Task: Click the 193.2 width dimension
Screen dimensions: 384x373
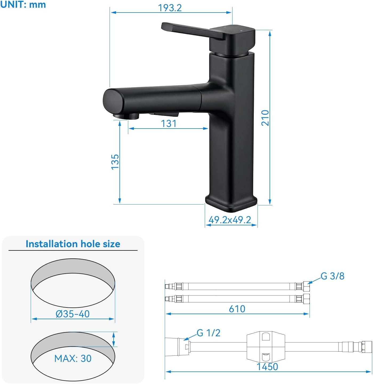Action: point(170,8)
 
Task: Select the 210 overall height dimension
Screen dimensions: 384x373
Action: point(265,118)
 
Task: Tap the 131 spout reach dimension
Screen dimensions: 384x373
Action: point(169,123)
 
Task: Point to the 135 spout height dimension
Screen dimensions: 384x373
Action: point(115,162)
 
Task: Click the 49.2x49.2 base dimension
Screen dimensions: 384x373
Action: point(230,220)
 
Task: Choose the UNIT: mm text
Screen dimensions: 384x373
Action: point(23,5)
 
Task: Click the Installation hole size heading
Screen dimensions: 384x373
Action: point(73,244)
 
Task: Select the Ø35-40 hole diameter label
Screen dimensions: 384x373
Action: point(73,314)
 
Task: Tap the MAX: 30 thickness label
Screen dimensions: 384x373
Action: point(73,358)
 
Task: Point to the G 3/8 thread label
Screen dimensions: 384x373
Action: point(332,276)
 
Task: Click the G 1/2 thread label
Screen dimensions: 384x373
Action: point(208,333)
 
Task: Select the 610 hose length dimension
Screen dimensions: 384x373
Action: point(237,309)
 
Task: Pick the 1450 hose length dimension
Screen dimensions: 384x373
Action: point(267,367)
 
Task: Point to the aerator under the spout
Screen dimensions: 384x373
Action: point(126,116)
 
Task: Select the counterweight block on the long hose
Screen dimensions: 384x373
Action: point(266,347)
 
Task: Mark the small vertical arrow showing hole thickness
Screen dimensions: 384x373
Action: point(114,339)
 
